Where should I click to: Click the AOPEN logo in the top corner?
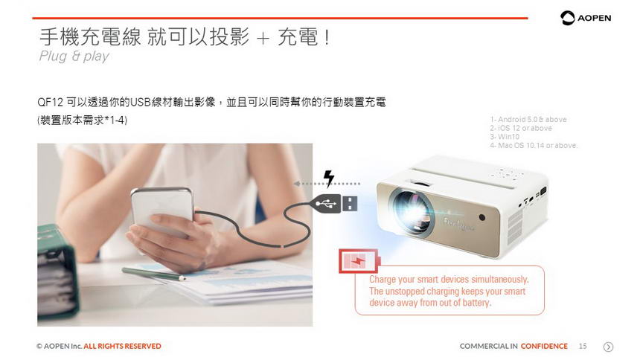(x=586, y=18)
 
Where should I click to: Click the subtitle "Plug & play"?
(x=74, y=56)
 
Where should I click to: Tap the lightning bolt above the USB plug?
(x=329, y=179)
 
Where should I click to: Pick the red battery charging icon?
(x=359, y=261)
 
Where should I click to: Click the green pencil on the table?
(x=153, y=274)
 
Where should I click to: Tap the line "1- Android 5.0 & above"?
(x=528, y=119)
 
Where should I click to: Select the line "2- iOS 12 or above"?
(x=521, y=128)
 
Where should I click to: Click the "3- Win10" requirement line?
(x=505, y=136)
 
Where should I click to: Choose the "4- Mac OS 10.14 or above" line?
(x=534, y=145)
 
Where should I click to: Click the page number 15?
(x=583, y=346)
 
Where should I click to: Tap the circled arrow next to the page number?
(x=608, y=347)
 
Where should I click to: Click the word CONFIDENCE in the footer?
(x=544, y=346)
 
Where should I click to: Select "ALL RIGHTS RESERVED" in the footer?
(x=123, y=346)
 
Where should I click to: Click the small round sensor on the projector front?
(x=481, y=217)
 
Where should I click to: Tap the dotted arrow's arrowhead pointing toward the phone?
(x=297, y=184)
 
